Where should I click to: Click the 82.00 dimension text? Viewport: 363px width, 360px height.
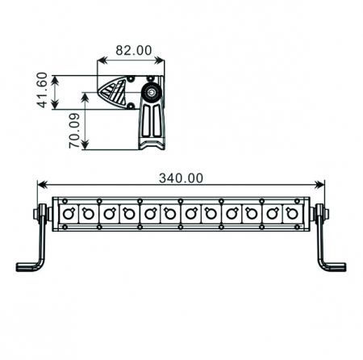[133, 50]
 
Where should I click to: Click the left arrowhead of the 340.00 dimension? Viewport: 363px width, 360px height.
[41, 185]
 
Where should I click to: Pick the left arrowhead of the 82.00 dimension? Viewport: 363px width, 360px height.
[100, 60]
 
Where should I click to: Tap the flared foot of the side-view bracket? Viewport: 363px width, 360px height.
[151, 143]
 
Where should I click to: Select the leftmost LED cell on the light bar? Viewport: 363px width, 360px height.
[67, 213]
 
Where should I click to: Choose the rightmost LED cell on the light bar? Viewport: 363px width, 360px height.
[294, 213]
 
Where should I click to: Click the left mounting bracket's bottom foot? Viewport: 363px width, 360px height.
[29, 266]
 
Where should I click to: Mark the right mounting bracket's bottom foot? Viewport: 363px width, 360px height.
[333, 266]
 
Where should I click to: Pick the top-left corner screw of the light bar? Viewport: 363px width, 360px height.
[57, 199]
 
